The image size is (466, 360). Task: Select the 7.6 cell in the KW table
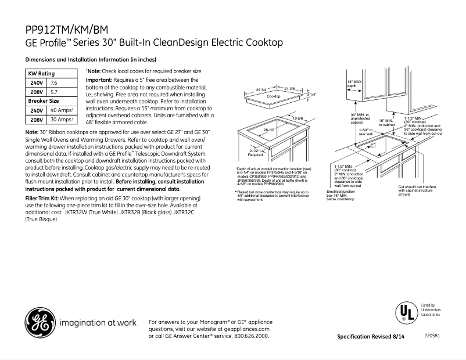tap(55, 83)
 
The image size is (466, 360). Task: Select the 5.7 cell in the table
tap(55, 92)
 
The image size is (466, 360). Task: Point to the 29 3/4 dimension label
tap(261, 88)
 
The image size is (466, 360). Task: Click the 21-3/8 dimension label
tap(289, 88)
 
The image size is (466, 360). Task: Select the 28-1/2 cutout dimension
tap(269, 131)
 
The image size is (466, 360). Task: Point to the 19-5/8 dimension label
tap(299, 118)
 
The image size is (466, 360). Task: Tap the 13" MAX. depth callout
tap(354, 83)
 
